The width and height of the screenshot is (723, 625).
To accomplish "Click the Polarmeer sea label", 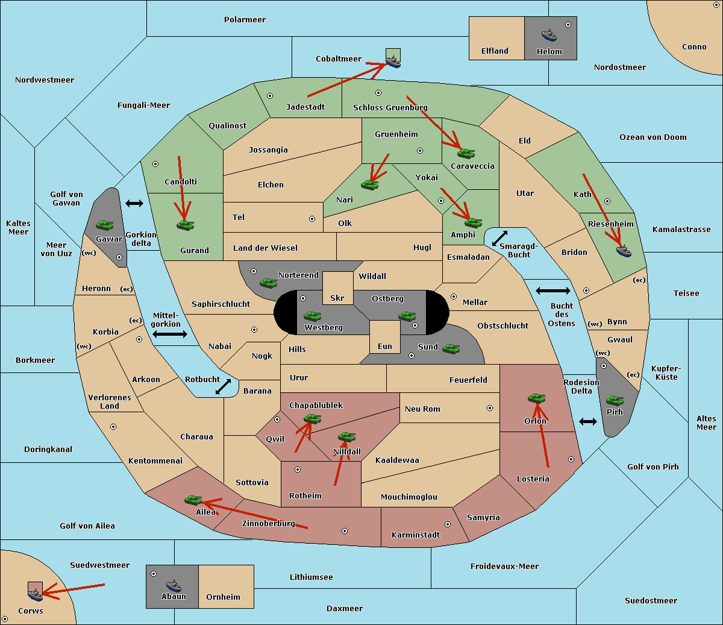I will (245, 20).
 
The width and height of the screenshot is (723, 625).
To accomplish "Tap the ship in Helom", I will (549, 35).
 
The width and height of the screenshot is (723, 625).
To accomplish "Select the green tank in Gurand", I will (185, 225).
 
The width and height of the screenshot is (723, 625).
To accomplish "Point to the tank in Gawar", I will (104, 225).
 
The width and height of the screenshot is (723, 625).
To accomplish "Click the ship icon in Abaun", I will (174, 585).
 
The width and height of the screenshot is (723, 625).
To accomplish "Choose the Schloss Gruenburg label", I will (390, 108).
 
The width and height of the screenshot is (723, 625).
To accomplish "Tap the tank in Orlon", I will (536, 398).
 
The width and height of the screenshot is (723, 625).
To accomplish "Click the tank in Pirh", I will (615, 401).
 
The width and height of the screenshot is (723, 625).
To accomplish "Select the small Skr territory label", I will (337, 298).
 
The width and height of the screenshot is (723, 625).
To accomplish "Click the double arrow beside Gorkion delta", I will (134, 204).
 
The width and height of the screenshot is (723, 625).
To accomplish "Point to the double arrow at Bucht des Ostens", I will (552, 291).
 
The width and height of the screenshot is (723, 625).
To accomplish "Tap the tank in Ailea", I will (193, 500).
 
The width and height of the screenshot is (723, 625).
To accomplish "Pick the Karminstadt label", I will (416, 535).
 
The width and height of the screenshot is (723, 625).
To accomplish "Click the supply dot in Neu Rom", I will (490, 408).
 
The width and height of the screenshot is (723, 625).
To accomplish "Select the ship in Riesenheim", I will (623, 251).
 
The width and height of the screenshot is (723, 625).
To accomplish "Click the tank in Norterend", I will (268, 283).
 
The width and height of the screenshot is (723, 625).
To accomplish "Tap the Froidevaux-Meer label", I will (504, 567).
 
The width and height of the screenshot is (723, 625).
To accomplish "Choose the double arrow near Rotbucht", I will (223, 387).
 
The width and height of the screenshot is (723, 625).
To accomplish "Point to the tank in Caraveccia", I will (466, 154).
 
